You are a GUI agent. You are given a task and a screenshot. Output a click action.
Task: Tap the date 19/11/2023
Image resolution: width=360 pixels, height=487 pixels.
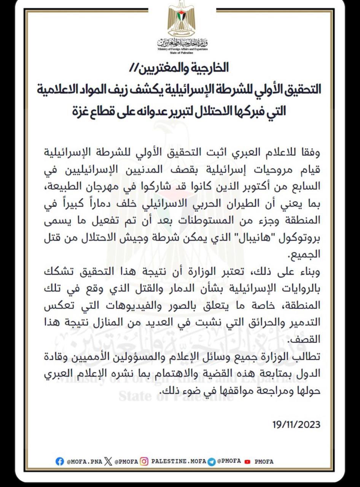coord(296,424)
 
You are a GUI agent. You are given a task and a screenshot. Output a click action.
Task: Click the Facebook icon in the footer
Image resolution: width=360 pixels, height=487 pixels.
coord(60,462)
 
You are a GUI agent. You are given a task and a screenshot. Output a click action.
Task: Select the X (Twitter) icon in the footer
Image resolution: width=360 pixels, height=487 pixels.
coord(108,462)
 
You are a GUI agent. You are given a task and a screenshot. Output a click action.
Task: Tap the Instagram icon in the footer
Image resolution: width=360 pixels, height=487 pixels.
coord(144,462)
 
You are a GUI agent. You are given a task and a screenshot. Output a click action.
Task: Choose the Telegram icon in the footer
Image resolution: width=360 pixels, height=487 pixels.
coord(212,462)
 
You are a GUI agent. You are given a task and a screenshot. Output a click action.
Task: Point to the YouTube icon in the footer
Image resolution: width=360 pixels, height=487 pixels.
coord(248,462)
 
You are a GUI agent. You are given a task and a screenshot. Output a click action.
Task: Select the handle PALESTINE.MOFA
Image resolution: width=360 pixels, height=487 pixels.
coord(179,462)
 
